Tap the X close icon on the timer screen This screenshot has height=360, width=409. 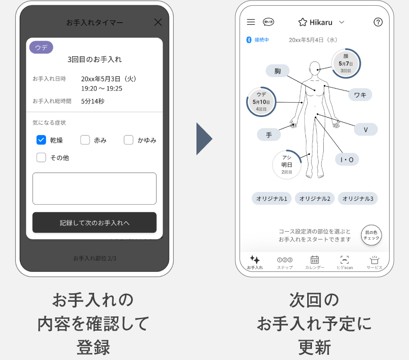158,22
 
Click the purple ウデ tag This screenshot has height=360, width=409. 41,47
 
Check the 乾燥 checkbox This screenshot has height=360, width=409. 41,140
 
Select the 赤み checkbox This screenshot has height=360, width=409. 85,140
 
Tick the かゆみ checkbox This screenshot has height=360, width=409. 129,140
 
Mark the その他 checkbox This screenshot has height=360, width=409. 41,157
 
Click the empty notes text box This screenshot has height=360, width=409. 94,189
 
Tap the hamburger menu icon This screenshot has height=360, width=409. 251,22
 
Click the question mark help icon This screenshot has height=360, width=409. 378,22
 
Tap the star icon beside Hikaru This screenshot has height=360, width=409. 303,22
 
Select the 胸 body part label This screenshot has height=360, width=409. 277,71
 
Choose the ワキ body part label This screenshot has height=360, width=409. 360,95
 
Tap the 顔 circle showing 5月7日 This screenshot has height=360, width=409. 346,63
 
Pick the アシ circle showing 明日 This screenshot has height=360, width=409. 287,164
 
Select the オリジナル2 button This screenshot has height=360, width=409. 314,198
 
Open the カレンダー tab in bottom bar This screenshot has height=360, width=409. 314,262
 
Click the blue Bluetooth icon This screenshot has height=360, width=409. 249,40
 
